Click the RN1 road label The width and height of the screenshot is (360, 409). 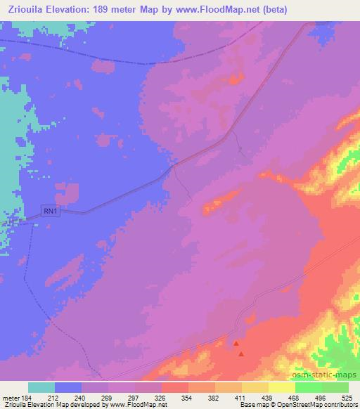click(x=49, y=209)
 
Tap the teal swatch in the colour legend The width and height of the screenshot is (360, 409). click(x=41, y=387)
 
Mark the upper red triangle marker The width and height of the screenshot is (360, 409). click(x=236, y=344)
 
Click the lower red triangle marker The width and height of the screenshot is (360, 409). click(x=241, y=353)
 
